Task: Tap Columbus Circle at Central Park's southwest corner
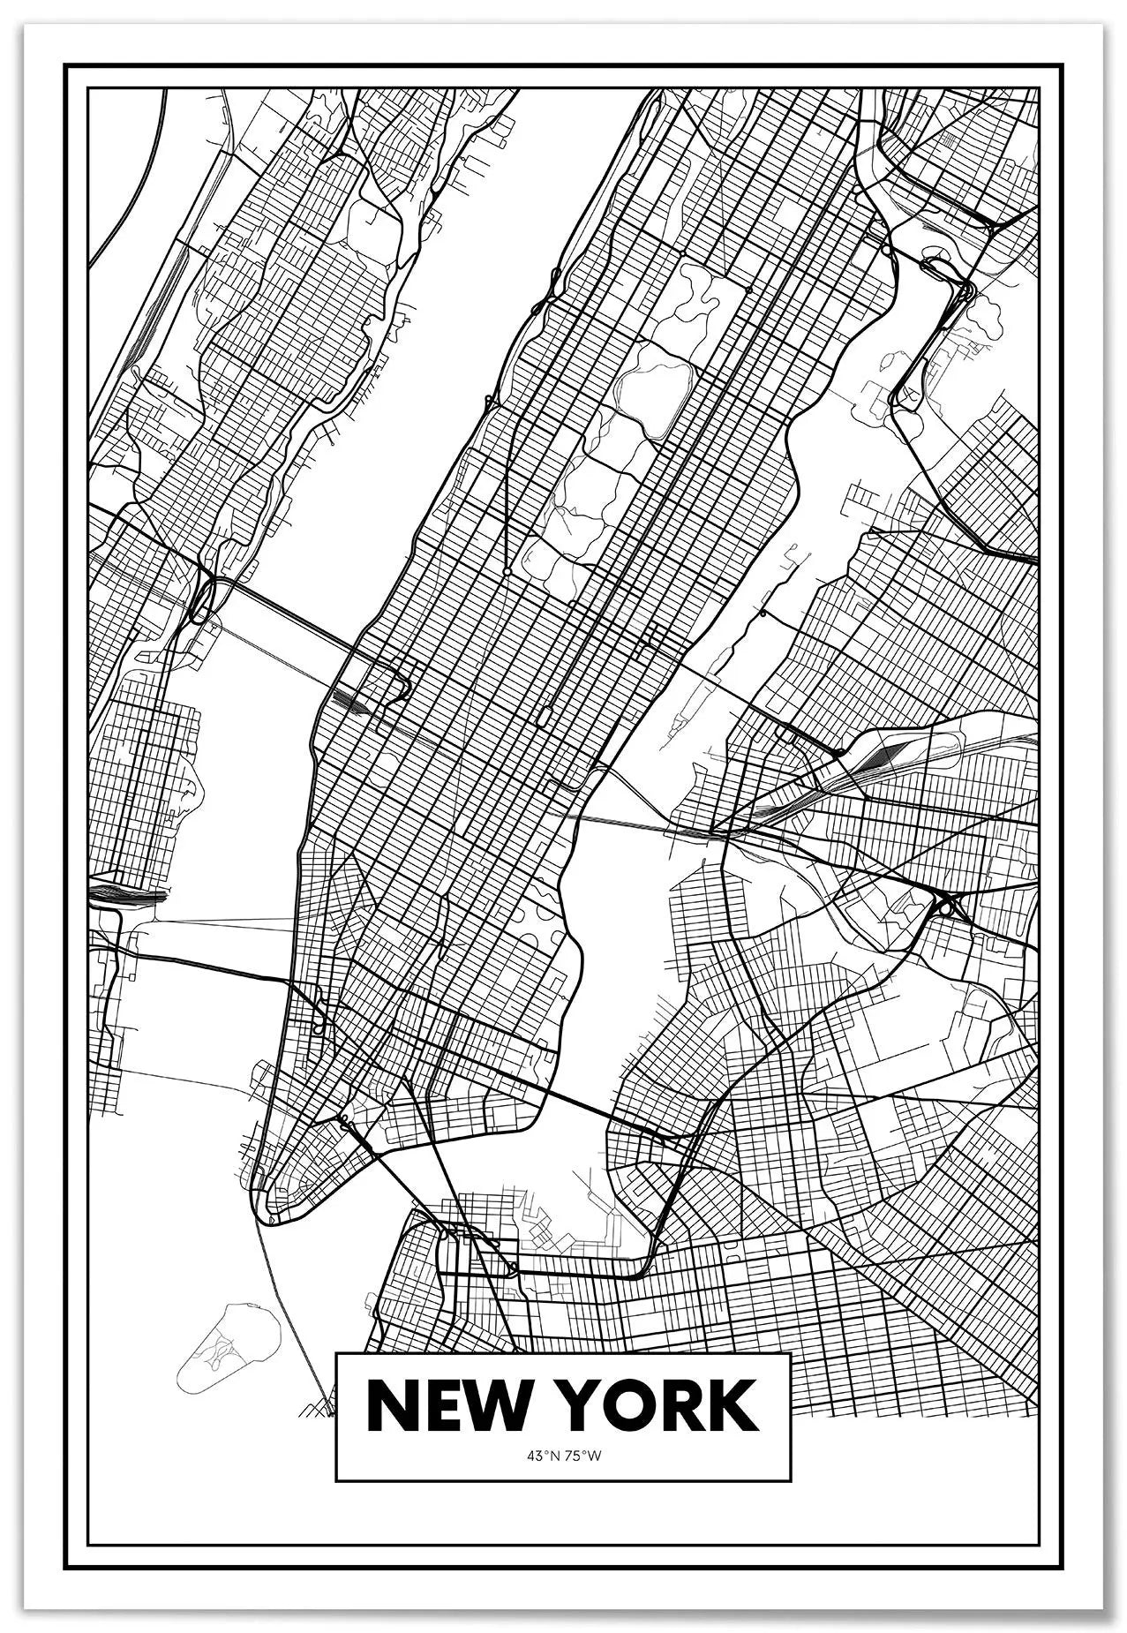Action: [507, 574]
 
